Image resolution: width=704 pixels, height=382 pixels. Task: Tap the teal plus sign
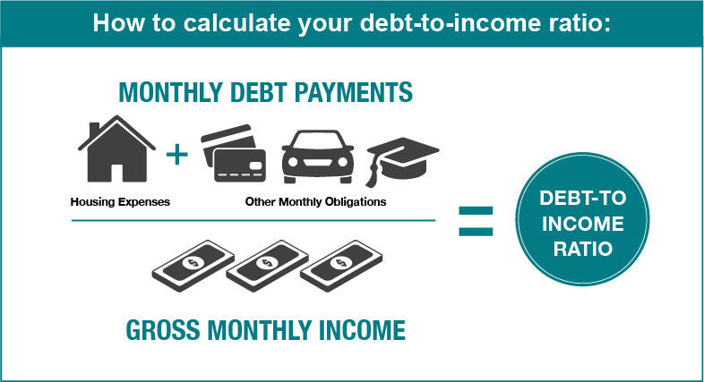pyautogui.click(x=177, y=155)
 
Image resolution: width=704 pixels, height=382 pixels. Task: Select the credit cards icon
pyautogui.click(x=234, y=153)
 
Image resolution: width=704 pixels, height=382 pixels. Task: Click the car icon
pyautogui.click(x=318, y=156)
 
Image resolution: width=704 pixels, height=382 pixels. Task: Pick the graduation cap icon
pyautogui.click(x=403, y=160)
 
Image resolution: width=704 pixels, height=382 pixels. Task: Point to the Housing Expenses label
pyautogui.click(x=120, y=202)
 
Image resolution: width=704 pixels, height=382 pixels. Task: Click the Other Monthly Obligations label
pyautogui.click(x=315, y=202)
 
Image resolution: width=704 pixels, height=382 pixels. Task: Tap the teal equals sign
pyautogui.click(x=476, y=221)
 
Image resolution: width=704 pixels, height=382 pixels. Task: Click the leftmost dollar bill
pyautogui.click(x=193, y=266)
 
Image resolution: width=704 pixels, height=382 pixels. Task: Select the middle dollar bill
pyautogui.click(x=267, y=266)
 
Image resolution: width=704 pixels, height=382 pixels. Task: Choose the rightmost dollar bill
pyautogui.click(x=341, y=266)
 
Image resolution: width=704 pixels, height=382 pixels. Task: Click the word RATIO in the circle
pyautogui.click(x=583, y=250)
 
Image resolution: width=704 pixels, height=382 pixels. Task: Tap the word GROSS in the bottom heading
pyautogui.click(x=163, y=330)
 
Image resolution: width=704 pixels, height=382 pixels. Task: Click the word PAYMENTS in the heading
pyautogui.click(x=354, y=92)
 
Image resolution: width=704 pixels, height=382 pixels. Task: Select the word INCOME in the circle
pyautogui.click(x=583, y=224)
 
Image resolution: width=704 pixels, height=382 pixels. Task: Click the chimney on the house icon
pyautogui.click(x=94, y=130)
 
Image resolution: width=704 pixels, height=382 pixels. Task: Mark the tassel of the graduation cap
pyautogui.click(x=373, y=173)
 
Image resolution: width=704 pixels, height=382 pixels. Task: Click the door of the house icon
pyautogui.click(x=116, y=173)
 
